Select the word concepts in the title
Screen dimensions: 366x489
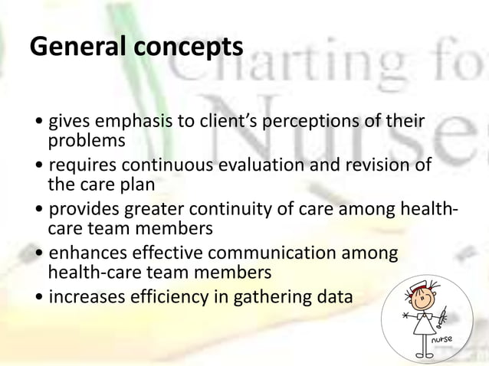[189, 48]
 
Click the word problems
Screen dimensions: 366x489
[86, 142]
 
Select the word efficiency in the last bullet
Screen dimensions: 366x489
[163, 297]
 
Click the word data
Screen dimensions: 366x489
[336, 297]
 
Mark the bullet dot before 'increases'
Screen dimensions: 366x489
[39, 298]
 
